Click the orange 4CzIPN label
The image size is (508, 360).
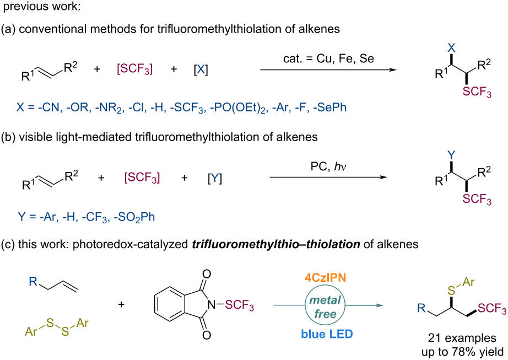click(325, 278)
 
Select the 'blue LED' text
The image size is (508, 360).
click(327, 334)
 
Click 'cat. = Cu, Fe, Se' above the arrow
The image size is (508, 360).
click(328, 58)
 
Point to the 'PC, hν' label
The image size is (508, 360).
click(328, 166)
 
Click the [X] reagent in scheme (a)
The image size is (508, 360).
click(201, 69)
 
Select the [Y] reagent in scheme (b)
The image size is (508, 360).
click(215, 178)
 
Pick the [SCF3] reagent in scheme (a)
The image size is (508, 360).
click(134, 69)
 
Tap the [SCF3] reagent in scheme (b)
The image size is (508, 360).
click(142, 178)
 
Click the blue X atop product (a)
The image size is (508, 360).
click(451, 48)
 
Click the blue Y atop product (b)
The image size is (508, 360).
click(451, 155)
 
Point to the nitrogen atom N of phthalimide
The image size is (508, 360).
click(212, 304)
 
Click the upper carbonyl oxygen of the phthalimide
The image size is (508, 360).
click(207, 274)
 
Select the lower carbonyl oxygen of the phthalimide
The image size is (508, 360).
click(207, 335)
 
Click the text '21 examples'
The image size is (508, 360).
click(462, 338)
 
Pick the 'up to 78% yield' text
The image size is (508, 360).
click(463, 352)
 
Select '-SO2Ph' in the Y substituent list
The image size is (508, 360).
click(134, 217)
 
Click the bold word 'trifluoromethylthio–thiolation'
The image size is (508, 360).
click(275, 244)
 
